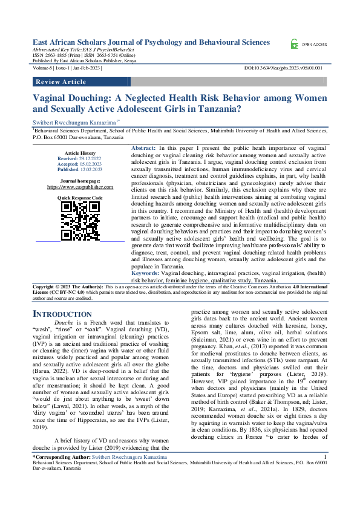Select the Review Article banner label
click(61, 82)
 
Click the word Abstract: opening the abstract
click(143, 148)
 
